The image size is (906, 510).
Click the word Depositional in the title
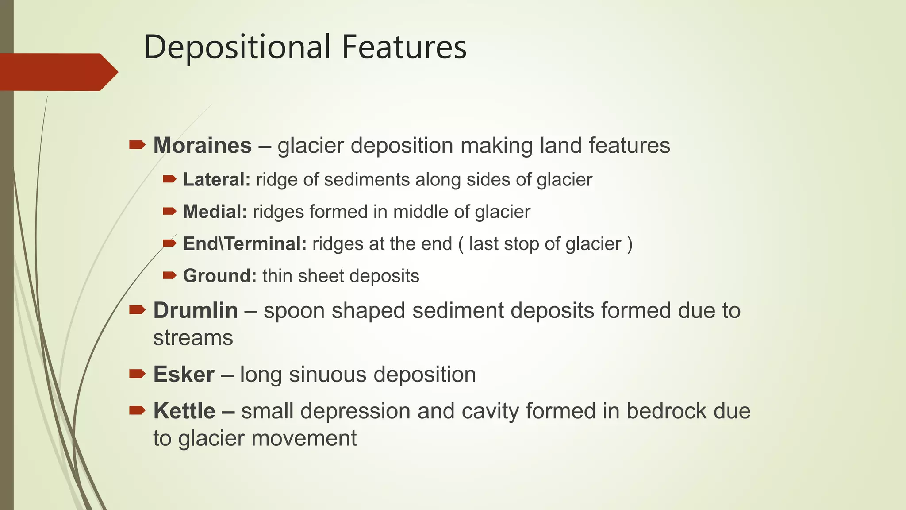[237, 47]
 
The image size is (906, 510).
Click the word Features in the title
[404, 47]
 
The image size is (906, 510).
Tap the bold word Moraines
[202, 146]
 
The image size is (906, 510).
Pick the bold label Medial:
[215, 212]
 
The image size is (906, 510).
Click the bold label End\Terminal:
[245, 244]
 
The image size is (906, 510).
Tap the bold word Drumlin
[196, 310]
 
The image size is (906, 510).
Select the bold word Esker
[184, 375]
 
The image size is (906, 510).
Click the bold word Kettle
[184, 411]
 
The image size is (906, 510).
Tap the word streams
[193, 338]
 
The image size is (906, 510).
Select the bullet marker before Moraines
[137, 145]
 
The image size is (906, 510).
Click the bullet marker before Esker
[137, 374]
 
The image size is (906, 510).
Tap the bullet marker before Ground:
[169, 275]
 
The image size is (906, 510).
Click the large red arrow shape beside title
[58, 72]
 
